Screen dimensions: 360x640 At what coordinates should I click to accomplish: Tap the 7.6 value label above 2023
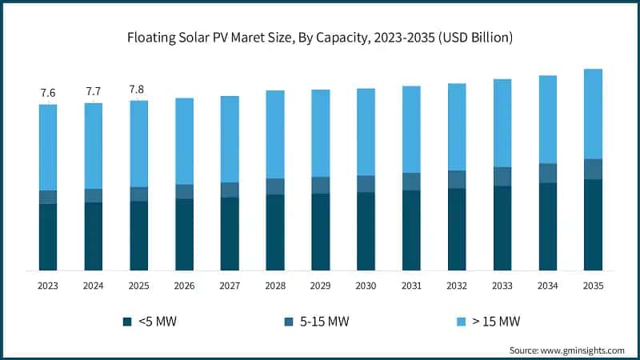click(48, 94)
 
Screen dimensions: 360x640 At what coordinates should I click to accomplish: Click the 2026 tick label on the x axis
click(184, 286)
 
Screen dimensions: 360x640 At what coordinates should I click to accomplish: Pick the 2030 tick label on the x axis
click(366, 286)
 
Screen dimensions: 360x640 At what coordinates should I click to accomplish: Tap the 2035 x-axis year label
click(593, 286)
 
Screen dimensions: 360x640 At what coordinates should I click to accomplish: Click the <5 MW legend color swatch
click(127, 322)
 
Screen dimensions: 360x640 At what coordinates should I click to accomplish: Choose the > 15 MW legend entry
click(492, 322)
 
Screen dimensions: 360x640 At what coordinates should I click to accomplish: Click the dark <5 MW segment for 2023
click(48, 237)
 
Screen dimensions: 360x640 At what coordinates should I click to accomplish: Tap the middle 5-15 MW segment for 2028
click(275, 186)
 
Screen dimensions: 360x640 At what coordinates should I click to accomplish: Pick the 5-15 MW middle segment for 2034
click(548, 173)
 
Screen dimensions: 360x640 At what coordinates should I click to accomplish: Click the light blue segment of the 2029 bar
click(321, 133)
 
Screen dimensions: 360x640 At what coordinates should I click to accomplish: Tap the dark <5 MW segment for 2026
click(184, 234)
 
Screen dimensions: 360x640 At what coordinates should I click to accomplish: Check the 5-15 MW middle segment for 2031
click(411, 182)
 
